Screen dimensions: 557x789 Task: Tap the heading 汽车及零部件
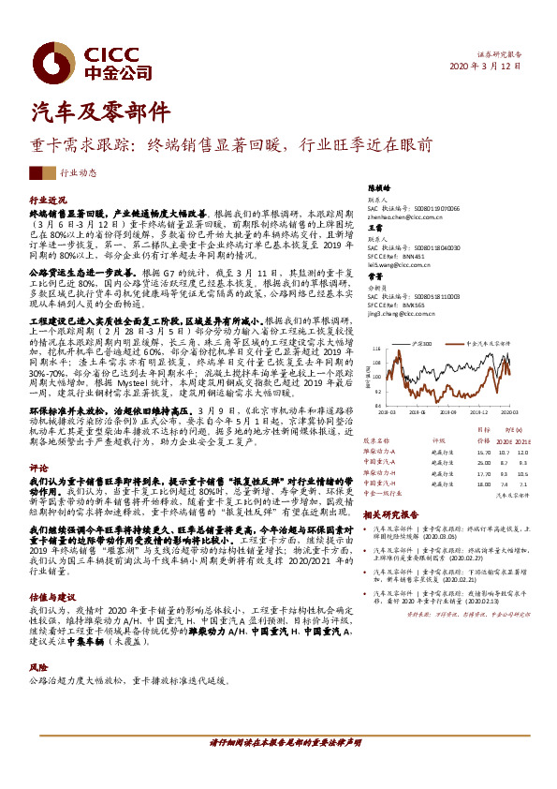point(88,112)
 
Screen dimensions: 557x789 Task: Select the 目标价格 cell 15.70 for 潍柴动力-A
point(458,452)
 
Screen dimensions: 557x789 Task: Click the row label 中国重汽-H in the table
point(381,474)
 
